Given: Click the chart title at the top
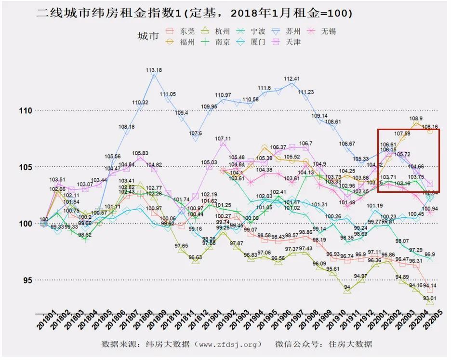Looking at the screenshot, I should pyautogui.click(x=195, y=13).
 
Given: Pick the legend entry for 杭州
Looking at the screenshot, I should pyautogui.click(x=217, y=31).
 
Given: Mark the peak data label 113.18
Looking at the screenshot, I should pyautogui.click(x=154, y=70).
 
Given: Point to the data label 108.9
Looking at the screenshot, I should pyautogui.click(x=416, y=119).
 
